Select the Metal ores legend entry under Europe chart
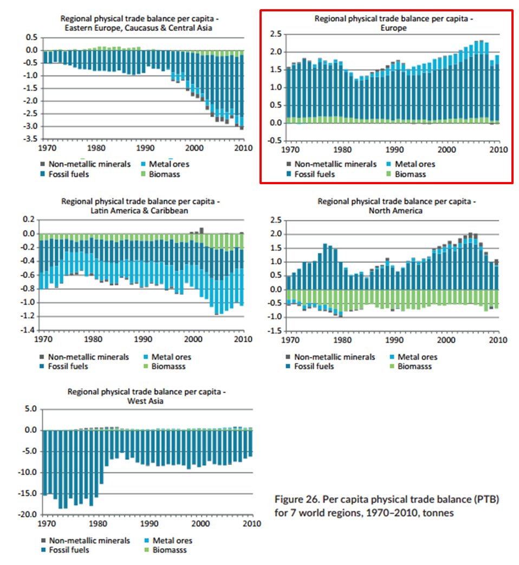point(414,164)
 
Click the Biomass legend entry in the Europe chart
point(411,174)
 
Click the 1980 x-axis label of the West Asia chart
point(98,524)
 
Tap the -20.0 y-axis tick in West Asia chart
point(27,514)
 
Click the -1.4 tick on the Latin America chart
point(28,330)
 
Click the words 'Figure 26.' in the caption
point(295,499)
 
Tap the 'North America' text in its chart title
point(396,211)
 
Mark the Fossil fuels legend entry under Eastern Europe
point(69,174)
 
